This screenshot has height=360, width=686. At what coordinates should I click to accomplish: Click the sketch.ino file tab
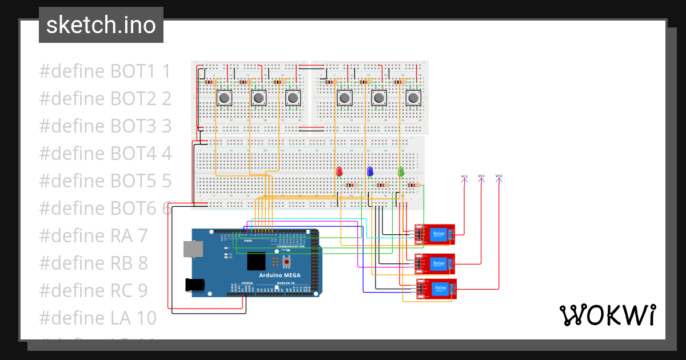pyautogui.click(x=101, y=25)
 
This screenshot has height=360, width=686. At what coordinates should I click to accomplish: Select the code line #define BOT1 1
pyautogui.click(x=105, y=71)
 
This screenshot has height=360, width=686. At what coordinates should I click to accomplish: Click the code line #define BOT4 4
pyautogui.click(x=105, y=153)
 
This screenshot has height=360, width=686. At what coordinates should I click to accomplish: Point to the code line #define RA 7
pyautogui.click(x=93, y=235)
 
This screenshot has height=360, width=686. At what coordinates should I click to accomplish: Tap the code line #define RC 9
pyautogui.click(x=93, y=290)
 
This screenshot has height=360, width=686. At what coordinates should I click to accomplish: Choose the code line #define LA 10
pyautogui.click(x=97, y=318)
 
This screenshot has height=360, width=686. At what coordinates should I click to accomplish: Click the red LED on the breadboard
pyautogui.click(x=339, y=171)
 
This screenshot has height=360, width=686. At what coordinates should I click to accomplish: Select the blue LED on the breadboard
pyautogui.click(x=370, y=171)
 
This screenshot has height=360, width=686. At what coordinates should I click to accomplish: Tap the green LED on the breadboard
pyautogui.click(x=401, y=171)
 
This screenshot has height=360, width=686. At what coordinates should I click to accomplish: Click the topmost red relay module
pyautogui.click(x=435, y=234)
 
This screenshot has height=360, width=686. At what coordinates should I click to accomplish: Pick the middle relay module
pyautogui.click(x=435, y=263)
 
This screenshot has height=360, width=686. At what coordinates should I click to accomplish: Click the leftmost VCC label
pyautogui.click(x=464, y=176)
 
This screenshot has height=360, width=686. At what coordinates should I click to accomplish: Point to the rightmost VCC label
pyautogui.click(x=499, y=176)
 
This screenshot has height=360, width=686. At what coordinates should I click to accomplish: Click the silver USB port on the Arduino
pyautogui.click(x=193, y=249)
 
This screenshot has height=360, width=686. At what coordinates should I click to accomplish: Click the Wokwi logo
pyautogui.click(x=607, y=315)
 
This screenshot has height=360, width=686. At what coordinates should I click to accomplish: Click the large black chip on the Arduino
pyautogui.click(x=256, y=262)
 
